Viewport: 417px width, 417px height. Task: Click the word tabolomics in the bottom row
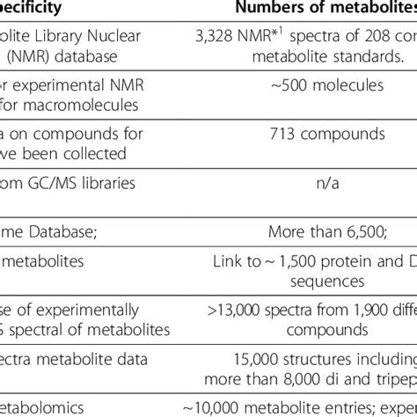(x=35, y=406)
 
